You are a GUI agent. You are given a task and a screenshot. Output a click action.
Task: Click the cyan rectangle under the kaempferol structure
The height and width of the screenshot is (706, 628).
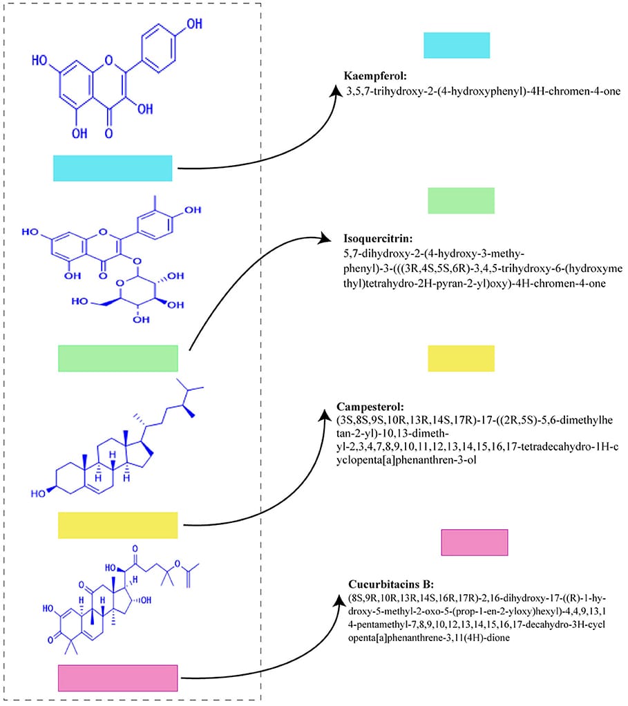[x=113, y=168]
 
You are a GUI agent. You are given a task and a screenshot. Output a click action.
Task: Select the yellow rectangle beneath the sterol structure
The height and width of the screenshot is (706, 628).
[x=117, y=525]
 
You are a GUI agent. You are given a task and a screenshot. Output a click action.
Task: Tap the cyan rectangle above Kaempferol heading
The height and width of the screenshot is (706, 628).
[x=457, y=45]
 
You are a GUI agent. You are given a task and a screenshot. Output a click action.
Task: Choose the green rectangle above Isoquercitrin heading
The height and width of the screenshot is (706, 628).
[x=461, y=200]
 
